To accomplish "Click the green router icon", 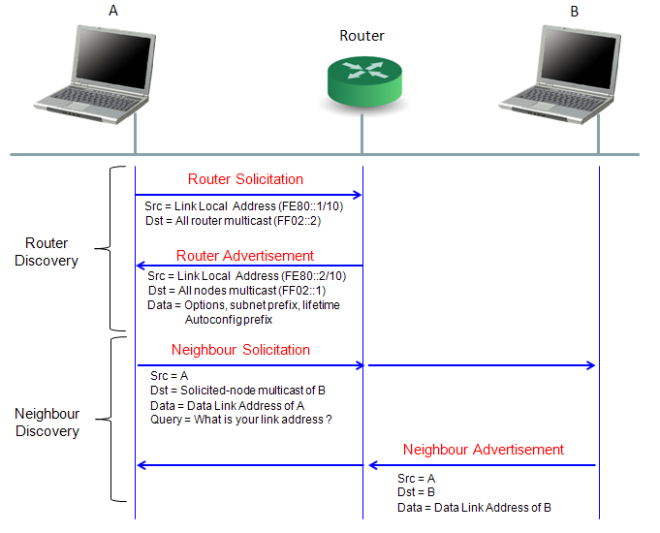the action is tap(364, 80).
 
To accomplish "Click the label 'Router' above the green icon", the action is tap(361, 36).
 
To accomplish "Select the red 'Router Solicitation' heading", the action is tap(245, 179).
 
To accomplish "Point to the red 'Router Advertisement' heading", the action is tap(245, 256).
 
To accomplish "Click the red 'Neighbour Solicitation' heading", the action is tap(240, 350).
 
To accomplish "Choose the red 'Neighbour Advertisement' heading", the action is tap(484, 450).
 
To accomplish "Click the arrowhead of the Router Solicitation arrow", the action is tap(358, 195).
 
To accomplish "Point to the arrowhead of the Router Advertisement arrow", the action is tap(141, 266).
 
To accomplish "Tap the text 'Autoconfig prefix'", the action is tap(229, 320).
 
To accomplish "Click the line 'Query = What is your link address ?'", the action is tap(241, 420).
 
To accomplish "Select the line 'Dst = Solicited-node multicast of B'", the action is tap(237, 391).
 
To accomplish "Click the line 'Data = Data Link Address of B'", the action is tap(474, 507).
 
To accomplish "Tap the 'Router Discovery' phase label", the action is tap(47, 252).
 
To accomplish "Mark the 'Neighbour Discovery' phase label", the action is tap(47, 423).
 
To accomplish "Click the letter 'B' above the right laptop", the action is tap(574, 12).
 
